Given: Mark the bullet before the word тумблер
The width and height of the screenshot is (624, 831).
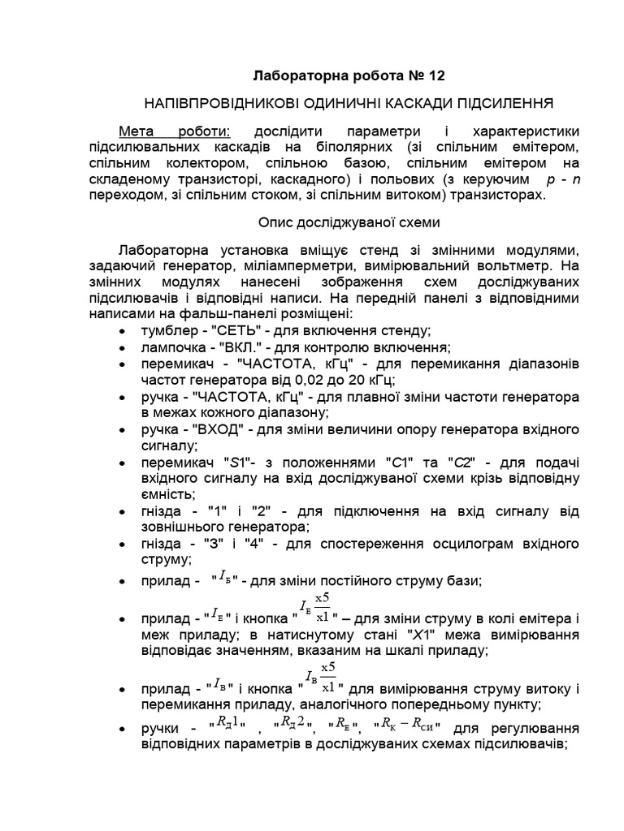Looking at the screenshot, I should [x=122, y=330].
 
